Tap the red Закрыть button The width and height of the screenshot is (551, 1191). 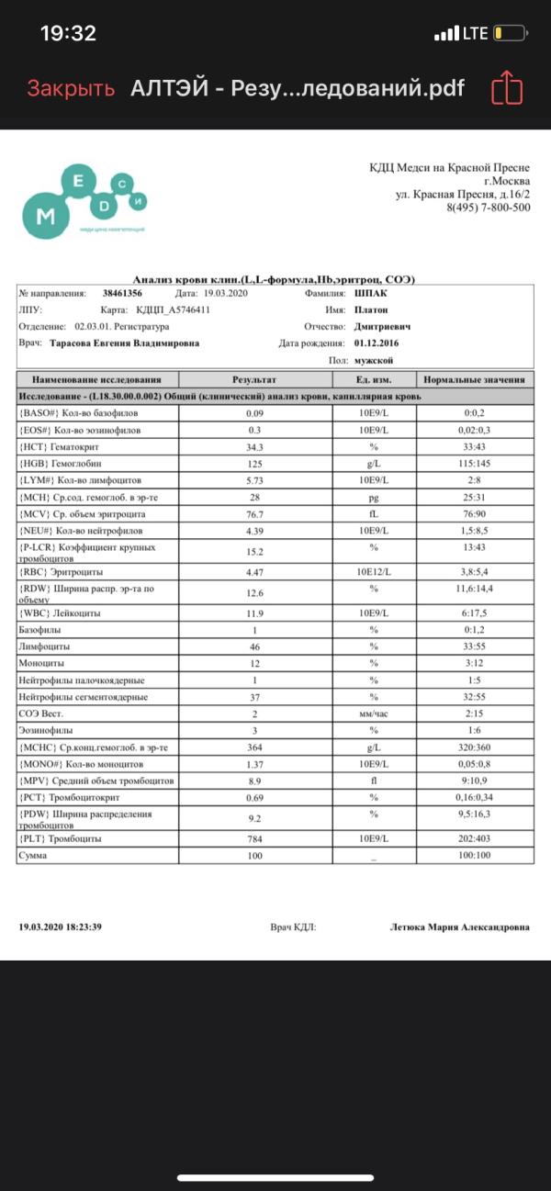click(71, 88)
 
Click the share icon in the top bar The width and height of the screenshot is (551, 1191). click(507, 89)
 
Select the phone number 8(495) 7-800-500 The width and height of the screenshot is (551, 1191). click(488, 208)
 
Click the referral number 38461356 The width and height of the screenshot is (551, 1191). click(123, 292)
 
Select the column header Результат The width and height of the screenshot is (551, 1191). click(254, 379)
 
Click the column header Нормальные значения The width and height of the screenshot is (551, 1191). click(474, 379)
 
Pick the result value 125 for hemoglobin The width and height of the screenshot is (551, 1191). click(254, 464)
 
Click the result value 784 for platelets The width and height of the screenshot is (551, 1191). click(254, 838)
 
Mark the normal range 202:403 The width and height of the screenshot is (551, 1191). click(476, 838)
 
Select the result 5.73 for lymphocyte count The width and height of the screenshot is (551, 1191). click(254, 480)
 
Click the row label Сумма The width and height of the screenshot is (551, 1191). click(34, 855)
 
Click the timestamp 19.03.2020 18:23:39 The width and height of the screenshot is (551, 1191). click(61, 927)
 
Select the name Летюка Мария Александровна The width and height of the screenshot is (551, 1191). click(459, 927)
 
